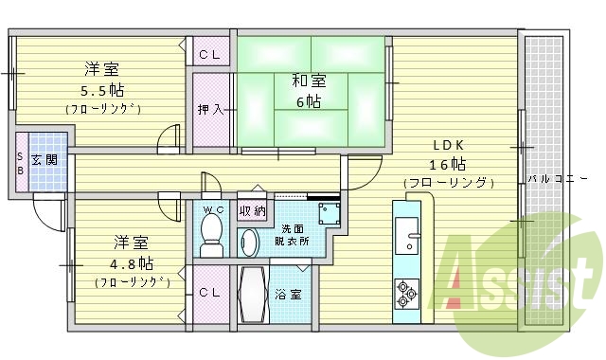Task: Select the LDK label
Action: point(448,145)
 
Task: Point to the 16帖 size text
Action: point(448,163)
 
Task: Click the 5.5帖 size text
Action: point(102,91)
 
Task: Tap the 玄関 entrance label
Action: point(44,159)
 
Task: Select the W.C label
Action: point(212,208)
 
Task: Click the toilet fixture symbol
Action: point(212,233)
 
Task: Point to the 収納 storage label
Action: point(252,210)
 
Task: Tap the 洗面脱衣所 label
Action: point(293,234)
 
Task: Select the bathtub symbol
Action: point(253,295)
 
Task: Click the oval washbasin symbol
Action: point(249,243)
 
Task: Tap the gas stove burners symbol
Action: point(408,293)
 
